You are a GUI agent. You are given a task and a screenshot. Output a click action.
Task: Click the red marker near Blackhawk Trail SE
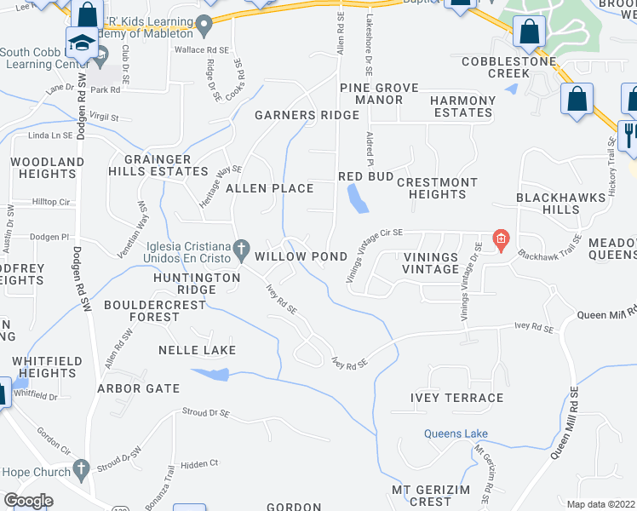coord(501,239)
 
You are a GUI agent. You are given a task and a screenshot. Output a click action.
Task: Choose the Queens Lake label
coord(456,433)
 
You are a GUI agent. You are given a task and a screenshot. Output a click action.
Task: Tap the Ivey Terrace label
coord(456,398)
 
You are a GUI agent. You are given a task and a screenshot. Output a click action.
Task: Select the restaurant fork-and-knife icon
coord(631,134)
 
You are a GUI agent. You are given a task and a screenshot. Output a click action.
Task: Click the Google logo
coord(28,501)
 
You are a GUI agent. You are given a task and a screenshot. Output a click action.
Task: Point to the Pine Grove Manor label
coord(370,94)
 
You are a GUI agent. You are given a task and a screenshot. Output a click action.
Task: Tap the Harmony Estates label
coord(462,106)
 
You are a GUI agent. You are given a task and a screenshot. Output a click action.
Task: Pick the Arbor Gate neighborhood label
coord(138,388)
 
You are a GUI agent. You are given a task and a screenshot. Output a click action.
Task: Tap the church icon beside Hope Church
coord(81,468)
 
